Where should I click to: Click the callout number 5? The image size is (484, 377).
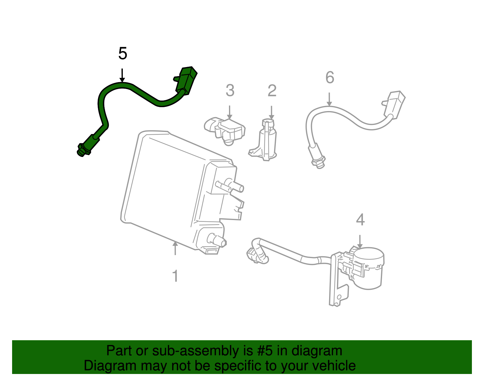click(123, 54)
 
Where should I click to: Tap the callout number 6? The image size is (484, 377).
click(330, 78)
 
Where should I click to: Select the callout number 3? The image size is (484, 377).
click(230, 91)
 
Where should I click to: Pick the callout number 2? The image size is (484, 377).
click(272, 91)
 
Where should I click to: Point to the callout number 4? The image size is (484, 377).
click(360, 220)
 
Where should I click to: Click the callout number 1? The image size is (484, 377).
click(175, 276)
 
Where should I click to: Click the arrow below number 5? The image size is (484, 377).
click(122, 75)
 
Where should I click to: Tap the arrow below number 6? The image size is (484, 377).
click(329, 99)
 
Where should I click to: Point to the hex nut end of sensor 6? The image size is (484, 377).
click(319, 162)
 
